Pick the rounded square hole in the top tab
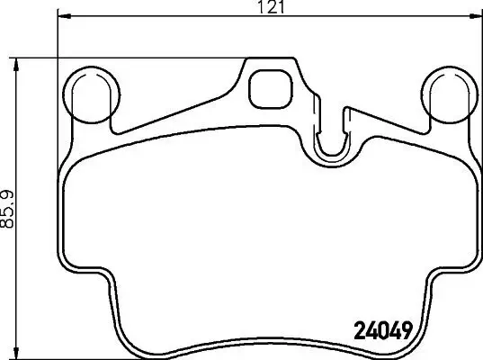tap(267, 87)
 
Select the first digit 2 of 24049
tap(353, 330)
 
